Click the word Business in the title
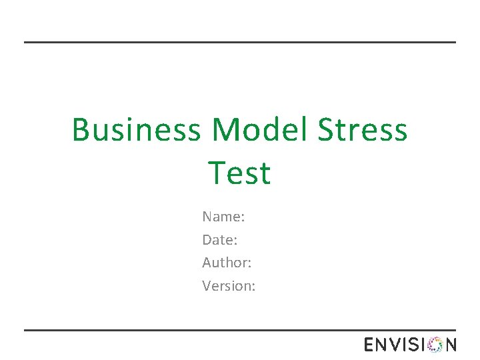click(x=136, y=129)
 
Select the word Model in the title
click(x=261, y=129)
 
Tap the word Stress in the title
click(x=362, y=129)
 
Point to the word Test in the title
click(x=239, y=173)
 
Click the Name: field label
click(x=223, y=217)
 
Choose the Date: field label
click(x=220, y=239)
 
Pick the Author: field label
click(x=227, y=263)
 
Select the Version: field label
click(x=229, y=286)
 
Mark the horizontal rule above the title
click(x=240, y=42)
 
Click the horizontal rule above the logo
click(x=240, y=330)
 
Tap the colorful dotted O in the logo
click(x=435, y=345)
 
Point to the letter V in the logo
click(x=397, y=345)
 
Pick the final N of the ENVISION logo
click(x=451, y=345)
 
